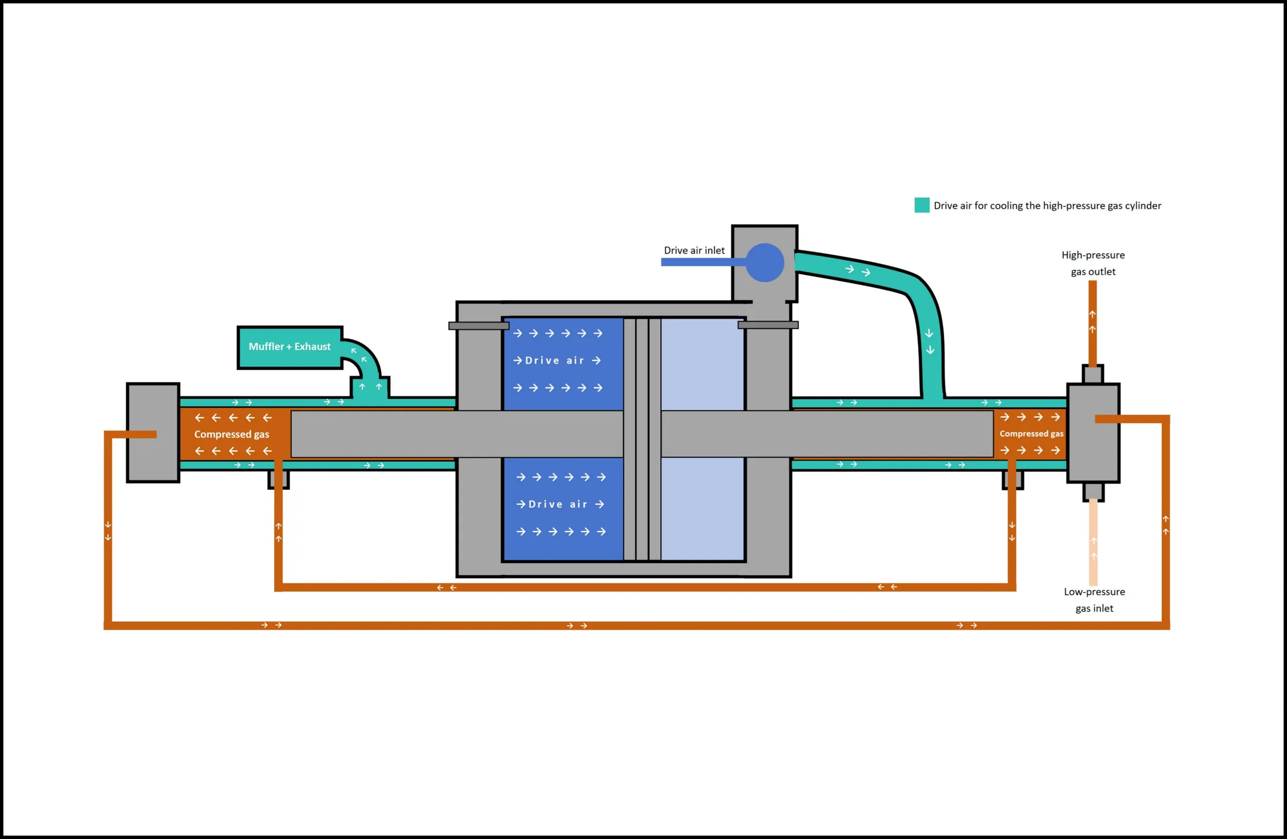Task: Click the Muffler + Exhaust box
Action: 290,347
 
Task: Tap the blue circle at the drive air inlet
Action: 765,262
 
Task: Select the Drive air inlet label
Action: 694,251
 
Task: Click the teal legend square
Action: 922,205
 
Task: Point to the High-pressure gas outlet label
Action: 1093,263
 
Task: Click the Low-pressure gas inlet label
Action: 1094,600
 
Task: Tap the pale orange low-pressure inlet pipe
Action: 1093,542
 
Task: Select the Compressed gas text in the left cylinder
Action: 232,435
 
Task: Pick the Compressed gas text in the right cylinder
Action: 1031,434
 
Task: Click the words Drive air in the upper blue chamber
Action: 554,361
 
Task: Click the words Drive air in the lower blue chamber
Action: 558,504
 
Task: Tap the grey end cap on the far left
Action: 153,433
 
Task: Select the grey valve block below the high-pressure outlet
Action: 1093,433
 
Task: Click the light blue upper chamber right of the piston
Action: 702,364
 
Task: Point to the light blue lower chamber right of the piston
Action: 702,509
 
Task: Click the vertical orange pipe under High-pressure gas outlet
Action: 1092,323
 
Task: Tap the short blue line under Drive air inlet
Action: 703,262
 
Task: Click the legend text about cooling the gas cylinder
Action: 1047,205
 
